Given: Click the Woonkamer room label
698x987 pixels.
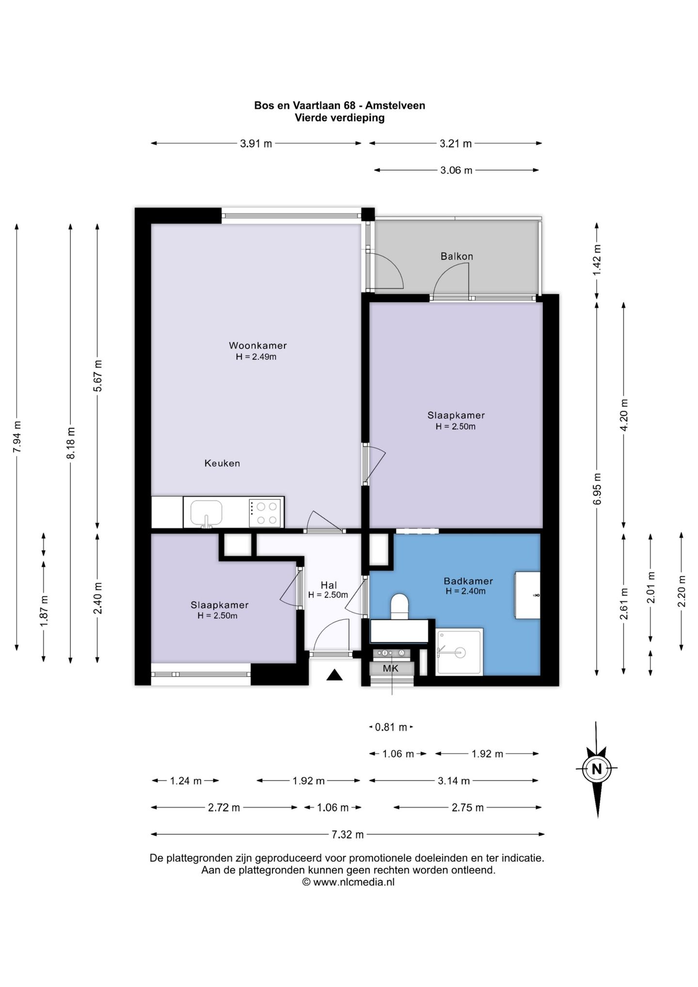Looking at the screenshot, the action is pyautogui.click(x=258, y=346).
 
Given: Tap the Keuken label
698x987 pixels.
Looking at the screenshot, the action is pyautogui.click(x=222, y=463).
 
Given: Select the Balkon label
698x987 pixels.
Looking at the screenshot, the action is pyautogui.click(x=457, y=256).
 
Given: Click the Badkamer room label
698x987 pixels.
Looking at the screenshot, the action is pyautogui.click(x=468, y=581).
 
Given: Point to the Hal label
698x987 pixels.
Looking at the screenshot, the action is pyautogui.click(x=329, y=586).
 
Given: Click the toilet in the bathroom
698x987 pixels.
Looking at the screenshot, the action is pyautogui.click(x=400, y=606).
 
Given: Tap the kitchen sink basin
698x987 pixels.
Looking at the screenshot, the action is pyautogui.click(x=206, y=512).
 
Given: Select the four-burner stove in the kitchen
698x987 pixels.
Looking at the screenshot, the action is pyautogui.click(x=266, y=513).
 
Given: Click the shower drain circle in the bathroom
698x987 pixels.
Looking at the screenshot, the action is pyautogui.click(x=460, y=653).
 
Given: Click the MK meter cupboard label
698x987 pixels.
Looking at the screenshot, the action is pyautogui.click(x=391, y=669).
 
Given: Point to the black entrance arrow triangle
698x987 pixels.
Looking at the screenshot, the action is pyautogui.click(x=334, y=675).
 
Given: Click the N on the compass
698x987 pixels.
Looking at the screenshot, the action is pyautogui.click(x=596, y=768).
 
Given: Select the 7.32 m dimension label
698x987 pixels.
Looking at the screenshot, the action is pyautogui.click(x=348, y=834).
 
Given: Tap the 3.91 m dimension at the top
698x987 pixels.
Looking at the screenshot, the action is pyautogui.click(x=256, y=143).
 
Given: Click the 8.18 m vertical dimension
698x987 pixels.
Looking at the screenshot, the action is pyautogui.click(x=71, y=443).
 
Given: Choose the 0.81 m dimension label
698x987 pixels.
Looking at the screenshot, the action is pyautogui.click(x=391, y=727).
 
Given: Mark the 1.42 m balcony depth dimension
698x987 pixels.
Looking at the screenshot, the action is pyautogui.click(x=597, y=260).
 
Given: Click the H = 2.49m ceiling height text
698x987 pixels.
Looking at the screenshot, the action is pyautogui.click(x=256, y=357).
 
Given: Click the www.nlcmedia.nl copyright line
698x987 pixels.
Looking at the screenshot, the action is pyautogui.click(x=349, y=882).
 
